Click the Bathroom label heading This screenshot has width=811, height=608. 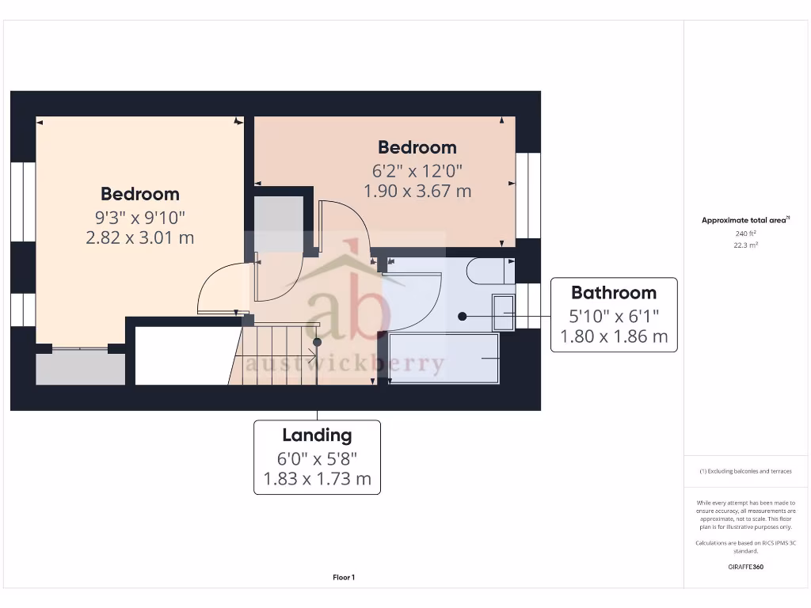pos(614,293)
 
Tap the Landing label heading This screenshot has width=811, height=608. pos(317,435)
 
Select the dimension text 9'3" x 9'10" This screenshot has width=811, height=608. pos(139,216)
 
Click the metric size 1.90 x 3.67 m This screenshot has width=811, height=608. pos(417,191)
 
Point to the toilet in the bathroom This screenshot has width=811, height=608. pos(485,271)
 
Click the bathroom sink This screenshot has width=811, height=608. pos(504,312)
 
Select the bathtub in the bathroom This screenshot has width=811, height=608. pos(444,359)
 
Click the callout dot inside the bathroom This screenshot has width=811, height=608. pos(463,317)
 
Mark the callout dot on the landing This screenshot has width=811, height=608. pos(317,342)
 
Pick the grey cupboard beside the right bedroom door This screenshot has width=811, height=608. pos(278,223)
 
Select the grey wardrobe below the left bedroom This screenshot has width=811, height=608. pos(80,368)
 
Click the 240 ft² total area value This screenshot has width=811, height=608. pos(745,234)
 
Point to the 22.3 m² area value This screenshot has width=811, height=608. pos(745,245)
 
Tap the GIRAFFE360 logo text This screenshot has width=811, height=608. pos(745,567)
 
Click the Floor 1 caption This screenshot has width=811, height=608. pos(344,578)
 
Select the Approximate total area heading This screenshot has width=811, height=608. pos(744,220)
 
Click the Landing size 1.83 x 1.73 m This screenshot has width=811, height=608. pos(317,478)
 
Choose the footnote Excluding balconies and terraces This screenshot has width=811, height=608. pos(745,471)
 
